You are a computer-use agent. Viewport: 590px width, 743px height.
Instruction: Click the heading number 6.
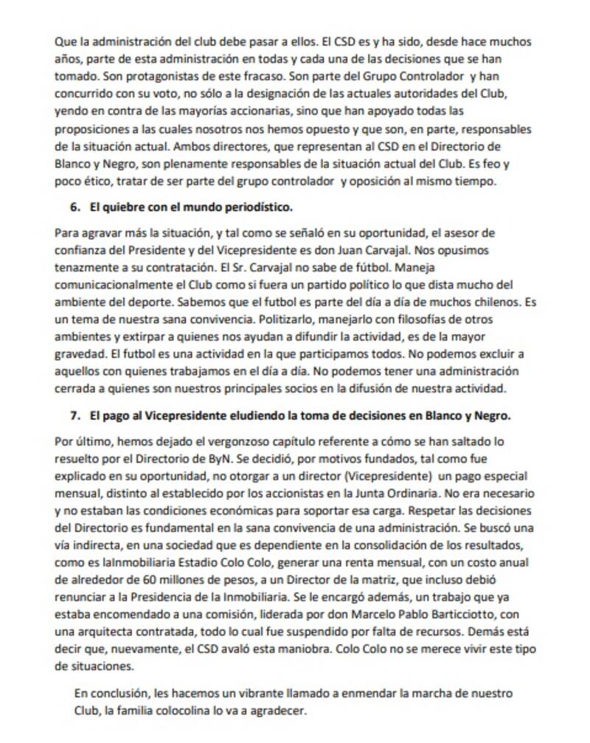(74, 207)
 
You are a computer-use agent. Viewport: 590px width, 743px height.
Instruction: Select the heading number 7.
(74, 416)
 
